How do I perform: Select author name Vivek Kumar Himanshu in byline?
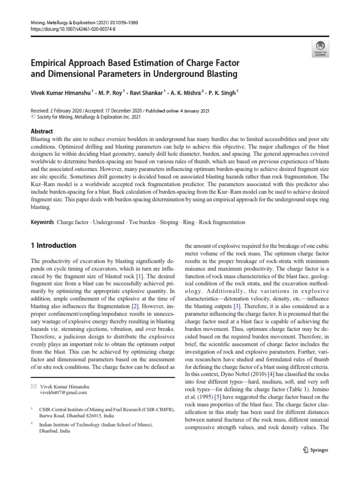point(60,93)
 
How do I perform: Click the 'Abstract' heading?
point(42,132)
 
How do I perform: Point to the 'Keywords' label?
point(42,222)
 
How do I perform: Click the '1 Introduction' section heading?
point(53,246)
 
